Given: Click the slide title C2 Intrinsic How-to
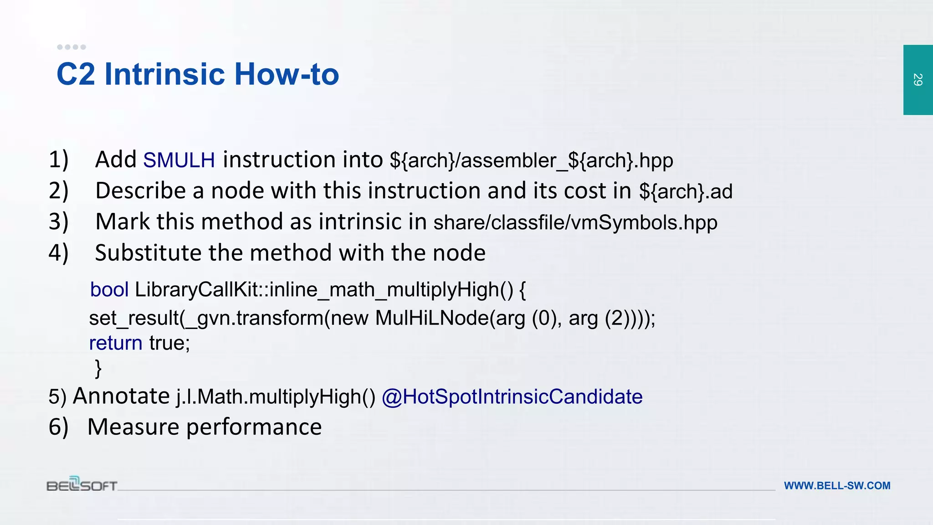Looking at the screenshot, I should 198,74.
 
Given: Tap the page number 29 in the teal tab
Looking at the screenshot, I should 918,80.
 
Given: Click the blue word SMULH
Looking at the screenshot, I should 179,160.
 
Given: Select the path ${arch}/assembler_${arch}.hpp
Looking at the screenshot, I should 531,160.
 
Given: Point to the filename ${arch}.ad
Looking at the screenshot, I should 686,191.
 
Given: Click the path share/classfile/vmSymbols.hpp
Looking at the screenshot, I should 575,222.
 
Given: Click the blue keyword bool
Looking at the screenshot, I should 109,290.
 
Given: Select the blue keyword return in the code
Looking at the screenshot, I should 116,343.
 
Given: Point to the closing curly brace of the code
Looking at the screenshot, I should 98,368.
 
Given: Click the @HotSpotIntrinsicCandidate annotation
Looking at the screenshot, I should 512,396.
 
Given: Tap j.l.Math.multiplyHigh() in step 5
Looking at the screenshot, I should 276,396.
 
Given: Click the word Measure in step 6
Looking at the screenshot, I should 133,427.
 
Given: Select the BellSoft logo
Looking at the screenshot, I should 82,484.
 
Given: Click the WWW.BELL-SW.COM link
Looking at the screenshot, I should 837,486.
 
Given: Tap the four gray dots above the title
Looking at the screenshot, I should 72,47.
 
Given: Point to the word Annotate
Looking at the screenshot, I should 121,396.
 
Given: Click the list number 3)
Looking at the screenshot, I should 58,222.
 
